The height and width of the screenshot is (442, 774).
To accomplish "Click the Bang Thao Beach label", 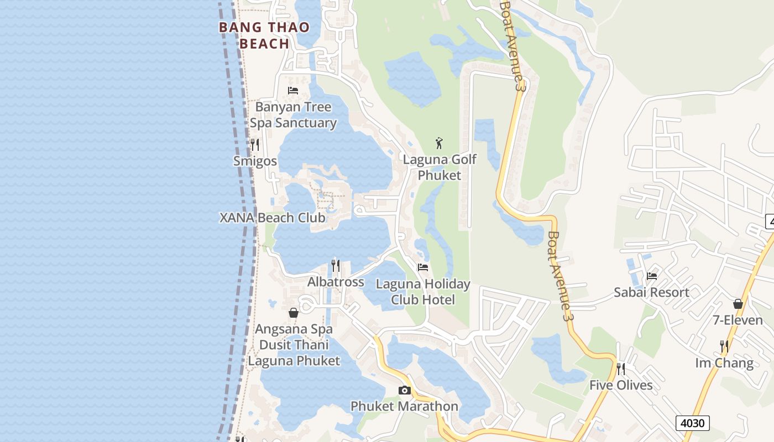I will (x=264, y=35).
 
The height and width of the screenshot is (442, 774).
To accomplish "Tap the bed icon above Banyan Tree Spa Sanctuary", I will (x=293, y=91).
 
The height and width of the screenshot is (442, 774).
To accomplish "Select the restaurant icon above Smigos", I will (x=255, y=145).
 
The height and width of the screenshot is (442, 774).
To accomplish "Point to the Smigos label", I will (x=255, y=161).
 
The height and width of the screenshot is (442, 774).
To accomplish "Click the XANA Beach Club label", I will (x=273, y=217).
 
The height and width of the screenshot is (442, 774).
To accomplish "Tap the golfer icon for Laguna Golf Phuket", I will (x=439, y=143).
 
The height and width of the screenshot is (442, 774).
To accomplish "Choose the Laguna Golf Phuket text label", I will (x=440, y=167).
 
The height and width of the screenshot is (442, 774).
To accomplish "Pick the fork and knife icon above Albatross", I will (x=336, y=266).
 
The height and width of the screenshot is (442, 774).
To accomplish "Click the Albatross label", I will (x=336, y=282).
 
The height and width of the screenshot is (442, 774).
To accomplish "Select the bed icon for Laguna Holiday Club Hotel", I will (x=423, y=267).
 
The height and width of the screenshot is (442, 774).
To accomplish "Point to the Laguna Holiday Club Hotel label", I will (x=423, y=292).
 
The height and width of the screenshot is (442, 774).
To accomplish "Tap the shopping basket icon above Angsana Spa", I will (x=294, y=313).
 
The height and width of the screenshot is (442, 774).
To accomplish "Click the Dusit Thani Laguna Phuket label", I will (x=294, y=352).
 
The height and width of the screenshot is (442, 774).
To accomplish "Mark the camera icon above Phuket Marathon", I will (x=405, y=391).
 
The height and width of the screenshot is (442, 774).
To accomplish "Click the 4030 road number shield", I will (x=692, y=423).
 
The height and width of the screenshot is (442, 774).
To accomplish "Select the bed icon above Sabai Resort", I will (x=652, y=276).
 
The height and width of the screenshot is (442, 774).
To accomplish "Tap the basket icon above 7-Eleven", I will (x=738, y=304).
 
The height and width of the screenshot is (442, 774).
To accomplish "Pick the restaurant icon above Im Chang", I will (x=724, y=346).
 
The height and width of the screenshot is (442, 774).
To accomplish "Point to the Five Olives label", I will (x=621, y=385).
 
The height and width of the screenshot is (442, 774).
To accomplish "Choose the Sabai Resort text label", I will (x=651, y=292).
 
